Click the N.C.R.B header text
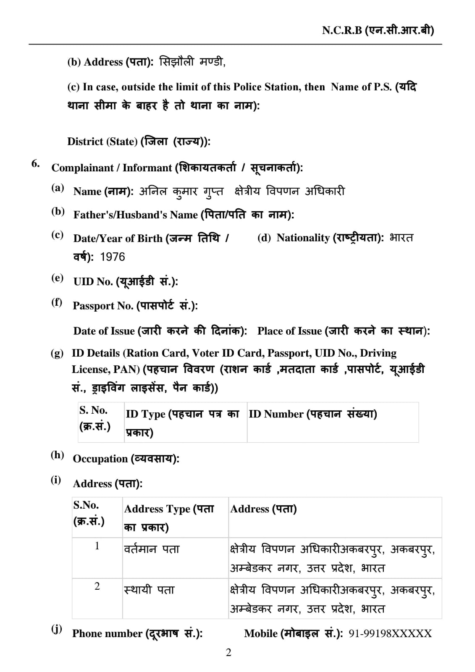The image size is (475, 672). pos(378,30)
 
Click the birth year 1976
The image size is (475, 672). pos(113,257)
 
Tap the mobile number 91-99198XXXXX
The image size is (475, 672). pos(390,633)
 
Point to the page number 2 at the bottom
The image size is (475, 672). pos(228,652)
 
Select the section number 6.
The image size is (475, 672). pos(36,163)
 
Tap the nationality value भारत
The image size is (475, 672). pos(402,238)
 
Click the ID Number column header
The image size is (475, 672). pos(313,414)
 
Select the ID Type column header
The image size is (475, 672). pos(182,422)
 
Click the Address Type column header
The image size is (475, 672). pos(169,517)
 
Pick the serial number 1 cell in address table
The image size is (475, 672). pos(97,546)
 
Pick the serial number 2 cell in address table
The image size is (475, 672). pos(97,586)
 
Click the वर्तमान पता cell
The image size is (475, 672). pos(152,549)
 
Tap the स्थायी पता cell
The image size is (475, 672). pos(149,590)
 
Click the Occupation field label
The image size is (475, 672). pos(126,459)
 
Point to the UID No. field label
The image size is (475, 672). pos(126,281)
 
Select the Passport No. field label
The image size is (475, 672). pos(135,306)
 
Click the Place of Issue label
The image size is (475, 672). pos(344,331)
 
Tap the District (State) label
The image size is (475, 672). pos(139,142)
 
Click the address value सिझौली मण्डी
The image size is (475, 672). pos(192,62)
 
